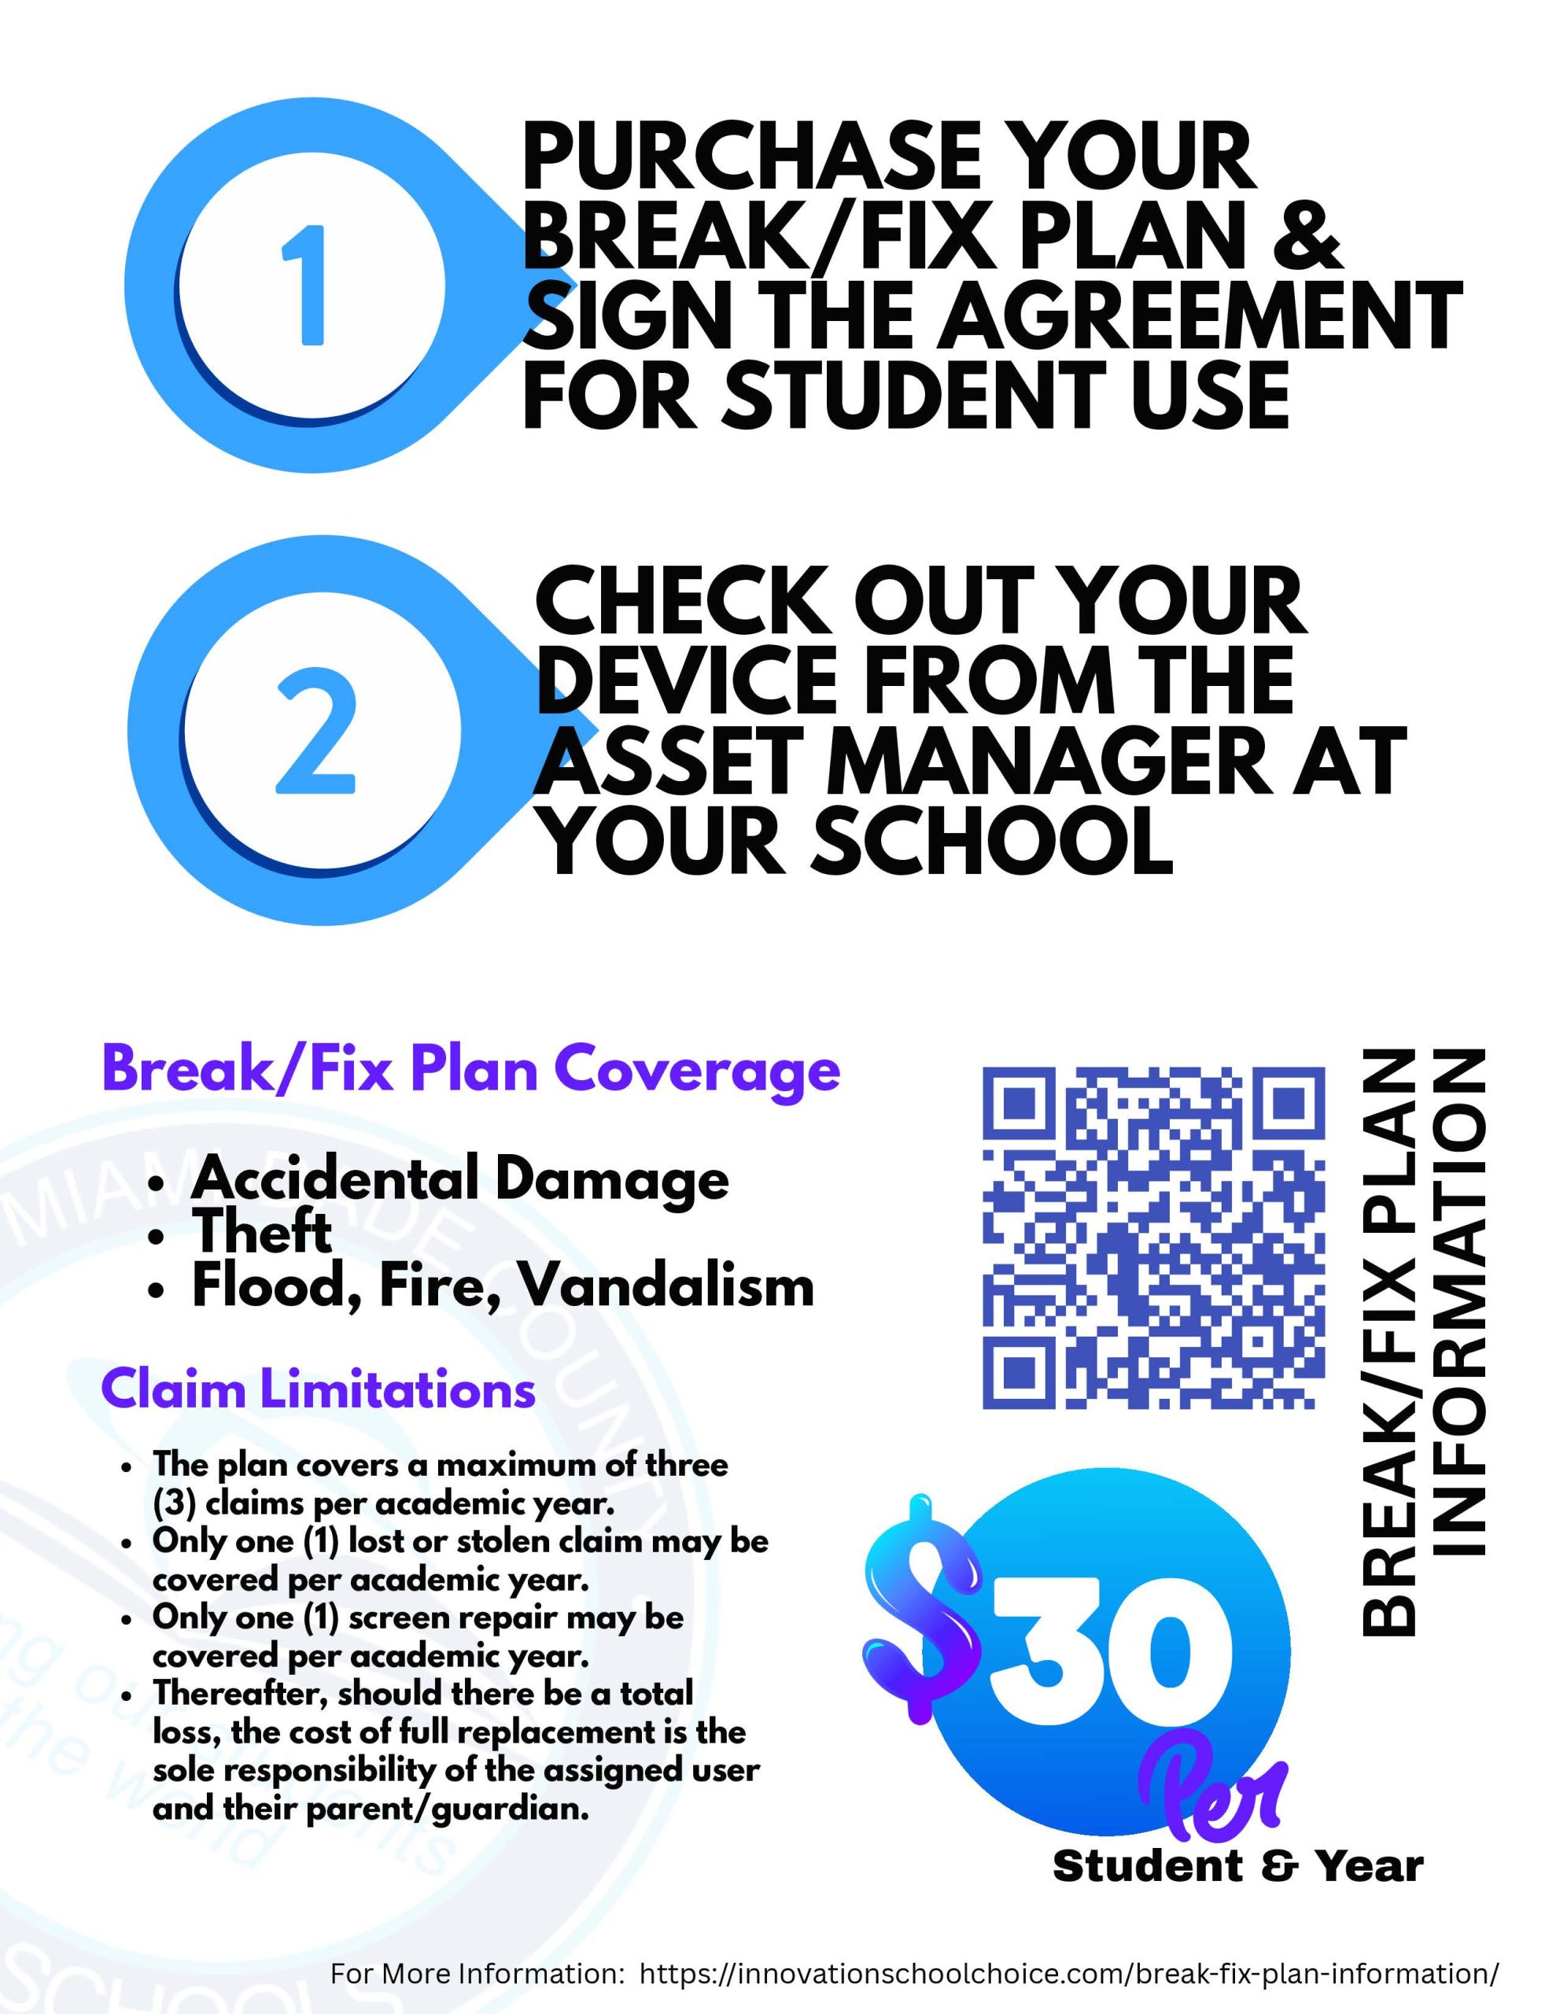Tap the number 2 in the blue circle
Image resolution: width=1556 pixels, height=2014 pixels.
click(315, 734)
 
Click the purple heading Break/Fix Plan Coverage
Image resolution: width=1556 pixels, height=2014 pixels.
click(471, 1071)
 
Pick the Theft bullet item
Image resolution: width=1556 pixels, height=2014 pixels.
click(262, 1232)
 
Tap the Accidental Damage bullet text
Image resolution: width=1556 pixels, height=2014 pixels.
click(460, 1179)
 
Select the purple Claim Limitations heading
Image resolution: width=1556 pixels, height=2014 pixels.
click(319, 1389)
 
